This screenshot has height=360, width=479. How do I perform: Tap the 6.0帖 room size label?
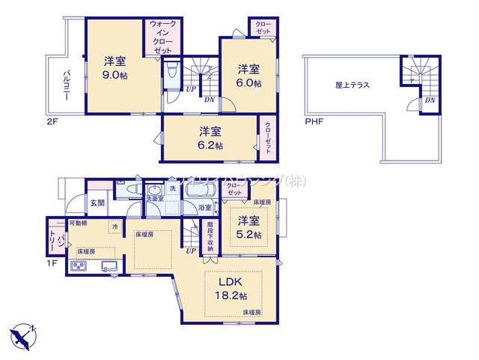click(x=250, y=82)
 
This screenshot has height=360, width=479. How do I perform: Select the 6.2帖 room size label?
click(x=211, y=145)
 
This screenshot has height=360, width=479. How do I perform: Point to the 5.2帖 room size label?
click(x=250, y=235)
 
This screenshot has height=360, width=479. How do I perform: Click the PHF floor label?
click(x=314, y=121)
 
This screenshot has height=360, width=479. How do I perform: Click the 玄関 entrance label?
click(x=97, y=202)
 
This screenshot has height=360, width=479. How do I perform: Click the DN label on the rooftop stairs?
click(x=430, y=100)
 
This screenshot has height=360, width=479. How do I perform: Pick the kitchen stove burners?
click(x=79, y=265)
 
